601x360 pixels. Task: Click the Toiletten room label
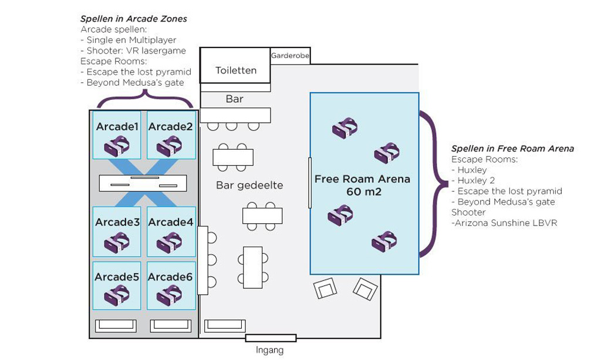pyautogui.click(x=236, y=70)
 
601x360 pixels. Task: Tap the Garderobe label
pyautogui.click(x=290, y=56)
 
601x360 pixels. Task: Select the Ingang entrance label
pyautogui.click(x=269, y=351)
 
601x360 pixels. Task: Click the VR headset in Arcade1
pyautogui.click(x=117, y=145)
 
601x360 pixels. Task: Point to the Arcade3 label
pyautogui.click(x=117, y=222)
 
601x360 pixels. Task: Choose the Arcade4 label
pyautogui.click(x=170, y=222)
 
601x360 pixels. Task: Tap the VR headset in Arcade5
pyautogui.click(x=117, y=295)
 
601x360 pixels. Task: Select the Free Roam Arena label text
pyautogui.click(x=362, y=179)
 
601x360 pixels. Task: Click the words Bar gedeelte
pyautogui.click(x=249, y=185)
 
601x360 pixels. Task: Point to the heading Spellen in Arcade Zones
pyautogui.click(x=133, y=19)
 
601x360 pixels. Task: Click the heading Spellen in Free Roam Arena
pyautogui.click(x=512, y=149)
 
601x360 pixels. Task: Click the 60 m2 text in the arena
pyautogui.click(x=362, y=191)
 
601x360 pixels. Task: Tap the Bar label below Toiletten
pyautogui.click(x=234, y=99)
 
